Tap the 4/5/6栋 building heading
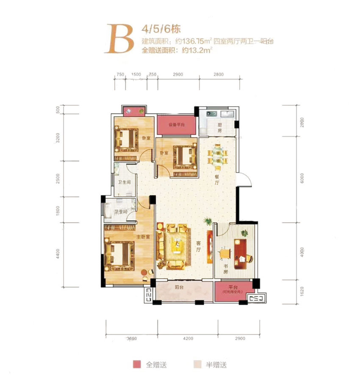(155, 30)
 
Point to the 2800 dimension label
(218, 74)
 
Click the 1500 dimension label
(136, 74)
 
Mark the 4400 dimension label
(58, 255)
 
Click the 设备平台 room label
(176, 125)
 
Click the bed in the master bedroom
(121, 255)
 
